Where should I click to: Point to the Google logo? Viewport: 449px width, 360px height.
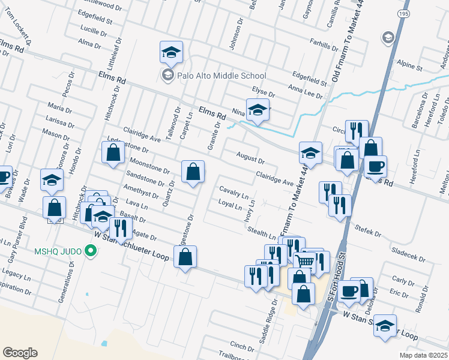[20, 353]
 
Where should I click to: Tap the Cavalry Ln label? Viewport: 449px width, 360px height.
[234, 192]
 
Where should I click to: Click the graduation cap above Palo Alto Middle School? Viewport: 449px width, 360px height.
[171, 52]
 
